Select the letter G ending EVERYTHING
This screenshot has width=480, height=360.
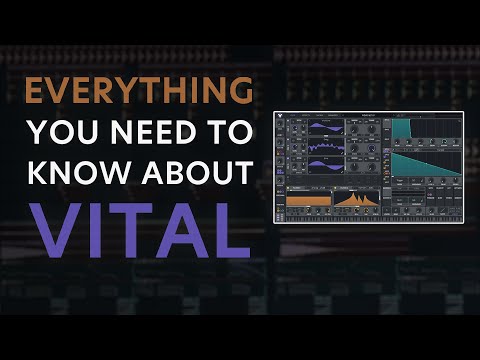tap(240, 91)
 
